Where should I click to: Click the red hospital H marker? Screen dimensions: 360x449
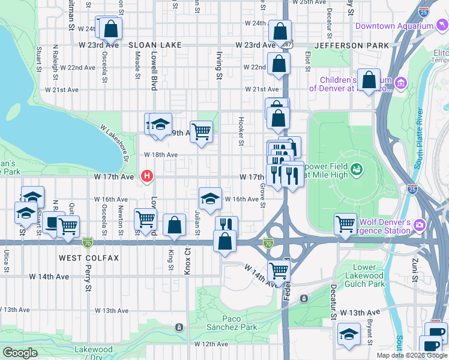[146, 176]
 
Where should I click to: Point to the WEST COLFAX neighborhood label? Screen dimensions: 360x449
[89, 257]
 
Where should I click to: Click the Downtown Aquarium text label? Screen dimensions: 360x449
[394, 26]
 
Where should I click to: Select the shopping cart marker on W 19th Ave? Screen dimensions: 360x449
[202, 131]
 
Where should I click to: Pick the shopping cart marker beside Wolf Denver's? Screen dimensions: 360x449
[345, 224]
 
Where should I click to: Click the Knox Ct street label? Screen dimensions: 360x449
[187, 262]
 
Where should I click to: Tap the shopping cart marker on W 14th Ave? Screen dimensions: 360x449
[279, 271]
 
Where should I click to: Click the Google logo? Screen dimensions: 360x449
[20, 353]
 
